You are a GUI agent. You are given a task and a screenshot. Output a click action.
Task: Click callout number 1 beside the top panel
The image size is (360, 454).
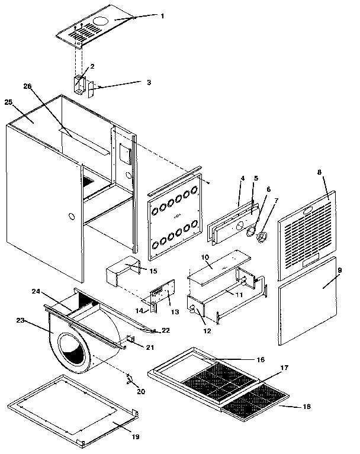(x=162, y=16)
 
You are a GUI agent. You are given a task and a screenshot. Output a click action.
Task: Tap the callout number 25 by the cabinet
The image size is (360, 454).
(x=8, y=102)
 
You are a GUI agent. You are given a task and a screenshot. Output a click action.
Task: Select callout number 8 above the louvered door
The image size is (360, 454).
(x=319, y=172)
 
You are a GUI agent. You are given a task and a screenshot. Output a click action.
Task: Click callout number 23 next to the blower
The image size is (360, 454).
(x=20, y=320)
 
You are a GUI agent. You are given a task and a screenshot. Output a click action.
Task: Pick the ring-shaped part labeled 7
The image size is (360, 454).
(x=261, y=236)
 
